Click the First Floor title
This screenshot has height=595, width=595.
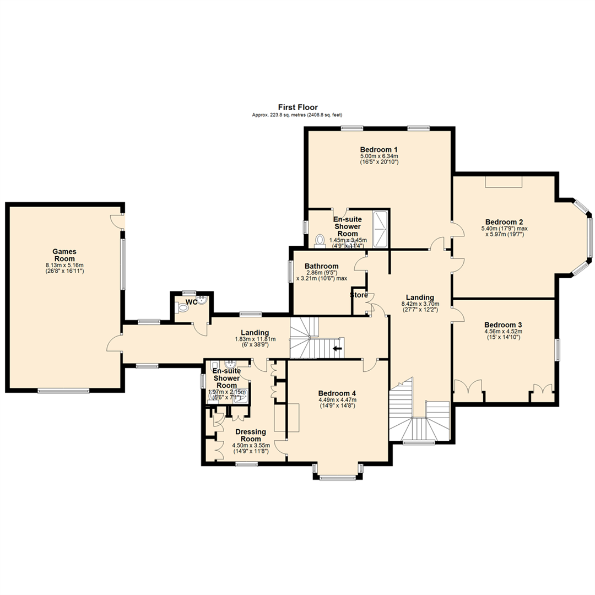click(x=297, y=107)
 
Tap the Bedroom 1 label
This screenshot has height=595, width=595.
click(x=379, y=149)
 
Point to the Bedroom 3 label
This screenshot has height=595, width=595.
click(x=503, y=324)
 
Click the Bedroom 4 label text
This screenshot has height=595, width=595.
click(x=337, y=393)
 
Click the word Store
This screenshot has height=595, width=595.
click(x=359, y=295)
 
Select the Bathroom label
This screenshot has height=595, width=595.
click(x=322, y=266)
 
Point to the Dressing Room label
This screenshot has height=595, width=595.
click(x=251, y=435)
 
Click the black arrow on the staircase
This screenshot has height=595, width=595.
click(x=337, y=348)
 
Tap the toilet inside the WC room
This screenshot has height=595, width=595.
click(x=182, y=309)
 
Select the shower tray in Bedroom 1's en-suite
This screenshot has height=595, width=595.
click(x=381, y=229)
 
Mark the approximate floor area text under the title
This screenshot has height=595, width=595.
click(x=297, y=115)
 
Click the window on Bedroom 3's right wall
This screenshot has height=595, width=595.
click(x=558, y=350)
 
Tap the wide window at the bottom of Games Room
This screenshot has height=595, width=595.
click(x=63, y=391)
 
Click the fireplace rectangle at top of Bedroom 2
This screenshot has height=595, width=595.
click(x=503, y=182)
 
